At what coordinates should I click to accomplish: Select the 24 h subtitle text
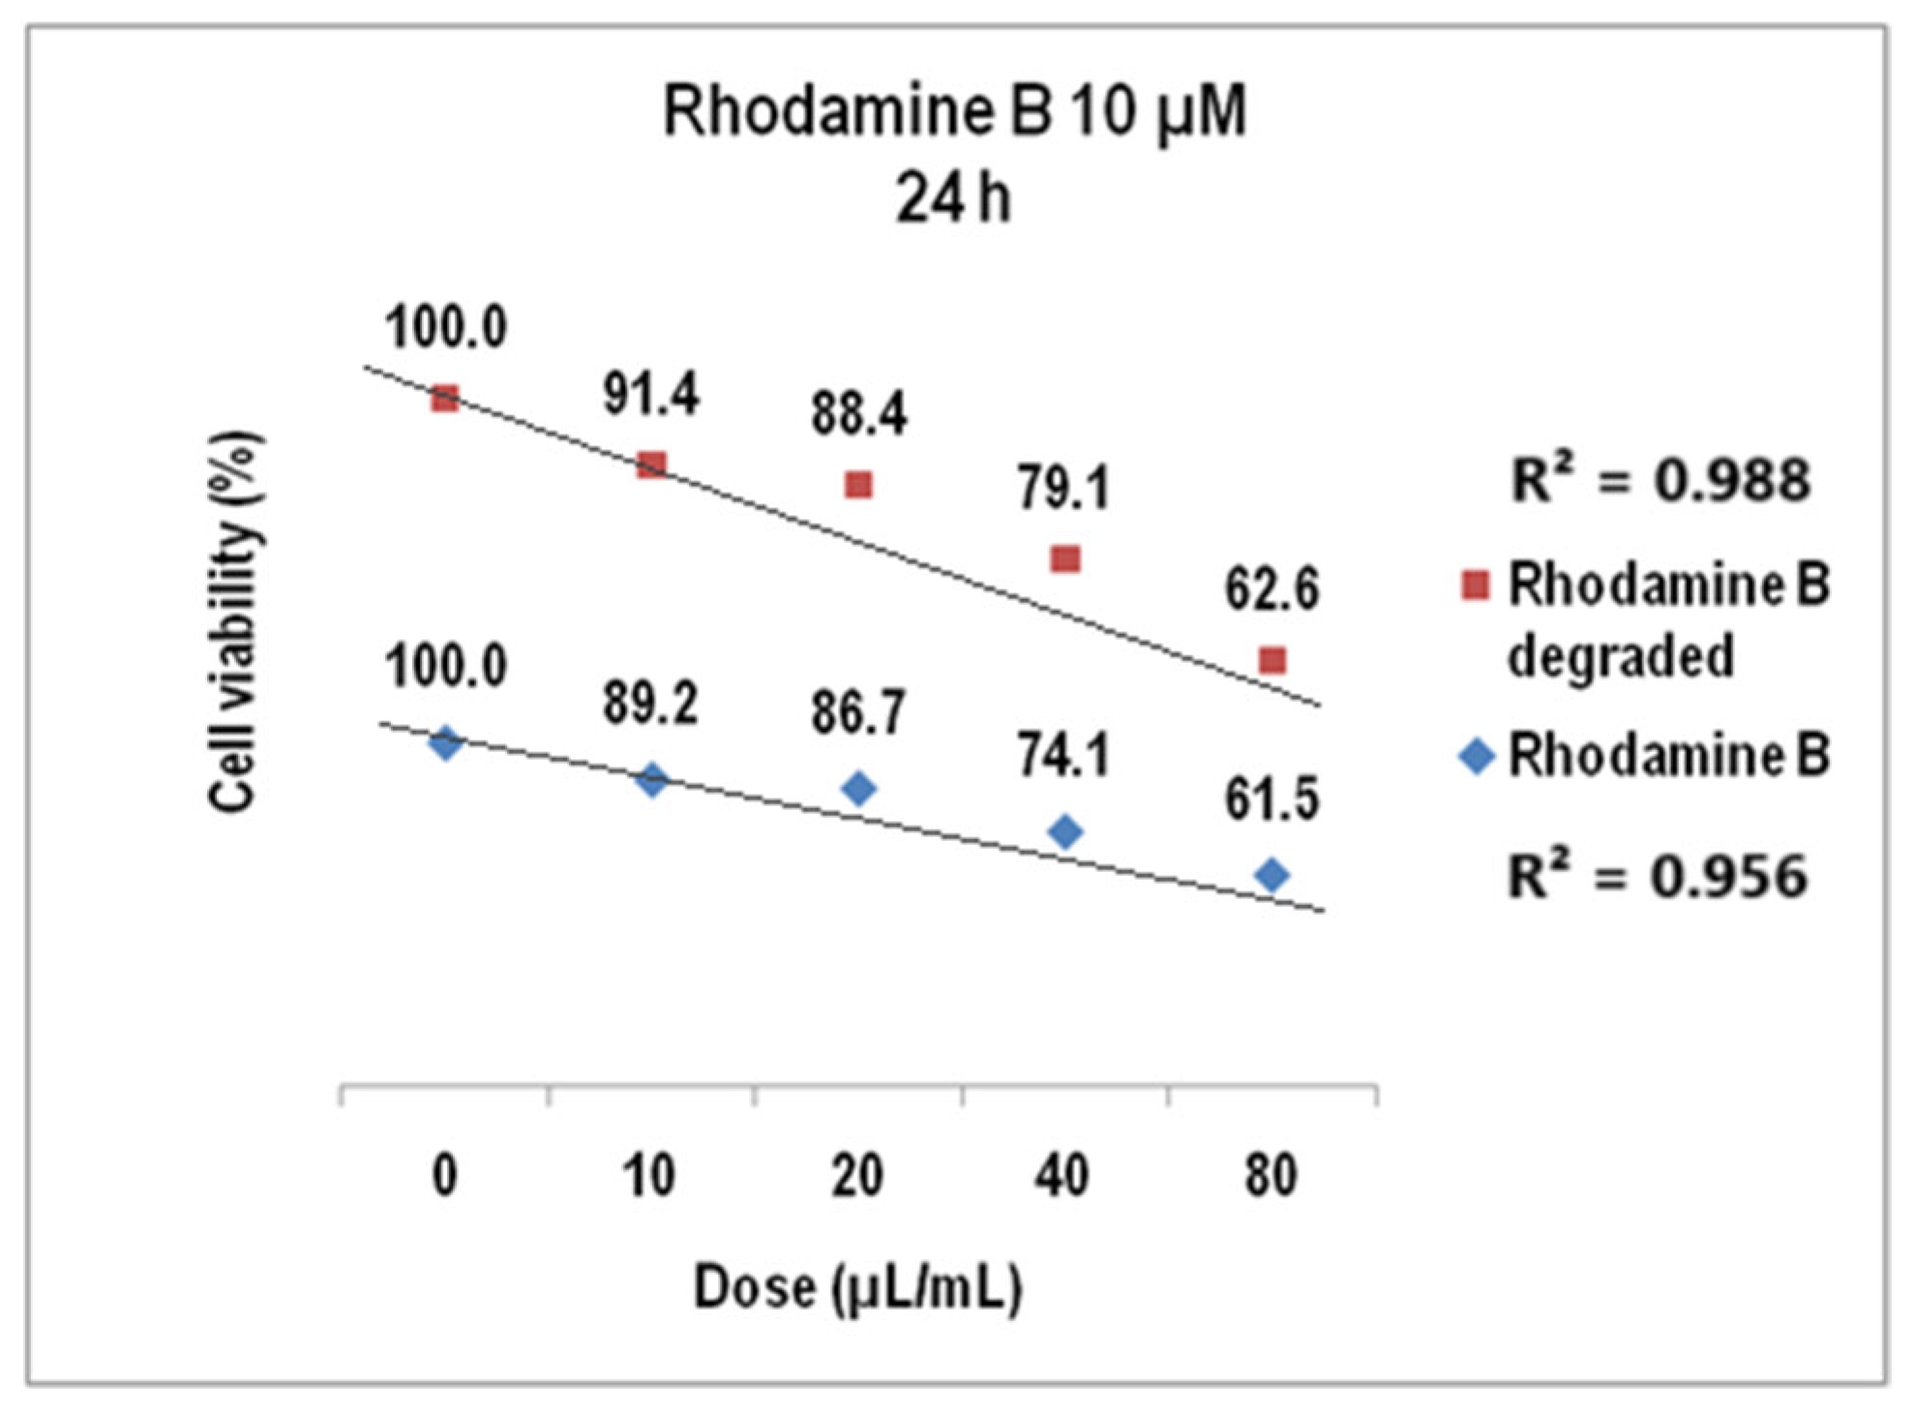(953, 199)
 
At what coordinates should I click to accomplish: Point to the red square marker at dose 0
(445, 398)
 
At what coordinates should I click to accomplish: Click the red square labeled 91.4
(652, 466)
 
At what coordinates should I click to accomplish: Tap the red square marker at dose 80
(1272, 661)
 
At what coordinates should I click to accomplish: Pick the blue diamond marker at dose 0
(445, 743)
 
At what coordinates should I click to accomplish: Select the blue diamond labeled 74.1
(1065, 831)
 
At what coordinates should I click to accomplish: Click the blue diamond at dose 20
(858, 789)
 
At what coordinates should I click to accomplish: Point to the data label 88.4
(858, 413)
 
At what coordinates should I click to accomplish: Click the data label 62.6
(1271, 588)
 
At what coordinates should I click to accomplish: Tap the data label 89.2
(650, 704)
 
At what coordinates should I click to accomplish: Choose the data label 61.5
(1271, 800)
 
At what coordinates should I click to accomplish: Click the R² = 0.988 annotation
(1660, 480)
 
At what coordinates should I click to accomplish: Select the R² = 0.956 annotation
(1658, 877)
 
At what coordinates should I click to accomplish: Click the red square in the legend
(1475, 586)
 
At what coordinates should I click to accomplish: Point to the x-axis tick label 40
(1062, 1176)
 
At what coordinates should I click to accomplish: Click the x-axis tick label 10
(649, 1176)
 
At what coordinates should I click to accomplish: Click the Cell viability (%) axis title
(234, 621)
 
